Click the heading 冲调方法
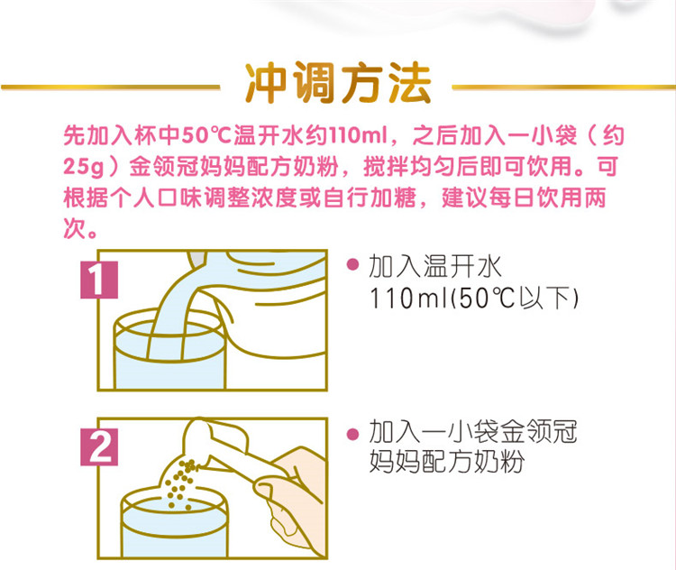click(338, 84)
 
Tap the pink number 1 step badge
click(99, 280)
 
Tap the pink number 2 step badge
click(99, 447)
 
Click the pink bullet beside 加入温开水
click(352, 264)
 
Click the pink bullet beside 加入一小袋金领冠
click(352, 434)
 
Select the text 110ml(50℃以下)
click(473, 299)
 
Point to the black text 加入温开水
click(435, 266)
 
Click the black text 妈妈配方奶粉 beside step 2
click(447, 461)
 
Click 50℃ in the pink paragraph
click(207, 135)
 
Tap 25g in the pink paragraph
click(84, 167)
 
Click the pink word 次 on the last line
click(74, 229)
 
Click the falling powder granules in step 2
click(182, 481)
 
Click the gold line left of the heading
click(111, 87)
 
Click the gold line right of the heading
click(563, 87)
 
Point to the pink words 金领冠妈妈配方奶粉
click(233, 167)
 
